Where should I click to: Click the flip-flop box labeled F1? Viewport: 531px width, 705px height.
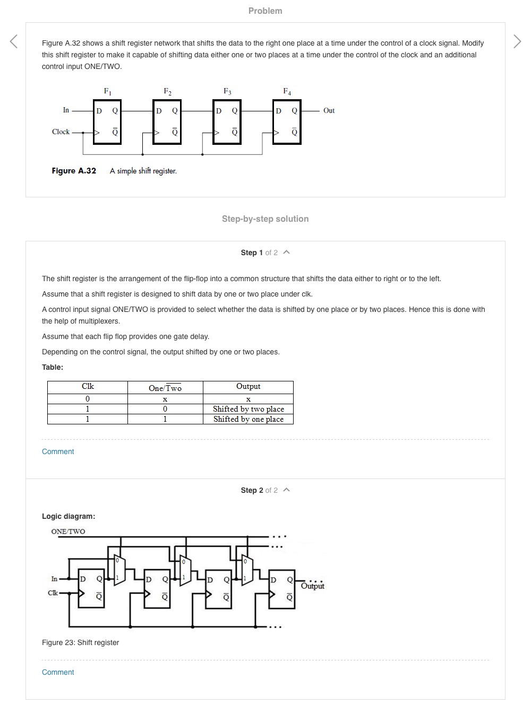pyautogui.click(x=107, y=121)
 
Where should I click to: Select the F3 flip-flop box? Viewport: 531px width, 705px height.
pyautogui.click(x=227, y=121)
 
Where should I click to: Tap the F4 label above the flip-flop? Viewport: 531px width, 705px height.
pyautogui.click(x=287, y=92)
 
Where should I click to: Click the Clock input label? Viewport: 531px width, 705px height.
pyautogui.click(x=61, y=132)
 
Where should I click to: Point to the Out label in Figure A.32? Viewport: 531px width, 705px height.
pyautogui.click(x=329, y=111)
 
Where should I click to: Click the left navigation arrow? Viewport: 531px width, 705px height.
pyautogui.click(x=14, y=41)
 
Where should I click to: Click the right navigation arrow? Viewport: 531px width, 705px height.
pyautogui.click(x=517, y=41)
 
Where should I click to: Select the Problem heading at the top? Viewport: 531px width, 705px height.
pyautogui.click(x=265, y=11)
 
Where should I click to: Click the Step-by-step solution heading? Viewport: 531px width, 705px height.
pyautogui.click(x=265, y=219)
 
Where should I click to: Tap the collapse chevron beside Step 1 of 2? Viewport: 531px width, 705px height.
pyautogui.click(x=287, y=252)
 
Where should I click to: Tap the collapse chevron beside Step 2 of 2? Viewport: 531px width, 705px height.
pyautogui.click(x=287, y=490)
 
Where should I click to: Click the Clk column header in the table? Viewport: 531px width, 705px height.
pyautogui.click(x=88, y=387)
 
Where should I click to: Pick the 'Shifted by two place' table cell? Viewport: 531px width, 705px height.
pyautogui.click(x=248, y=409)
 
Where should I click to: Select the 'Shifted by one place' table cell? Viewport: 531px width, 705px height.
pyautogui.click(x=248, y=419)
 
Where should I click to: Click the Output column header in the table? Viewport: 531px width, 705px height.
pyautogui.click(x=248, y=387)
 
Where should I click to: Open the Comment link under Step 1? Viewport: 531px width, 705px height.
pyautogui.click(x=58, y=451)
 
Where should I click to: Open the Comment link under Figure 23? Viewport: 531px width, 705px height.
pyautogui.click(x=58, y=672)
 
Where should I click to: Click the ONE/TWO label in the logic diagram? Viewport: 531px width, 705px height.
pyautogui.click(x=68, y=532)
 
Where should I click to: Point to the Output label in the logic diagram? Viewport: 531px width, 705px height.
pyautogui.click(x=312, y=586)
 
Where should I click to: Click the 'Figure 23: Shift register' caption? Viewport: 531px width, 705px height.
pyautogui.click(x=80, y=642)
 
